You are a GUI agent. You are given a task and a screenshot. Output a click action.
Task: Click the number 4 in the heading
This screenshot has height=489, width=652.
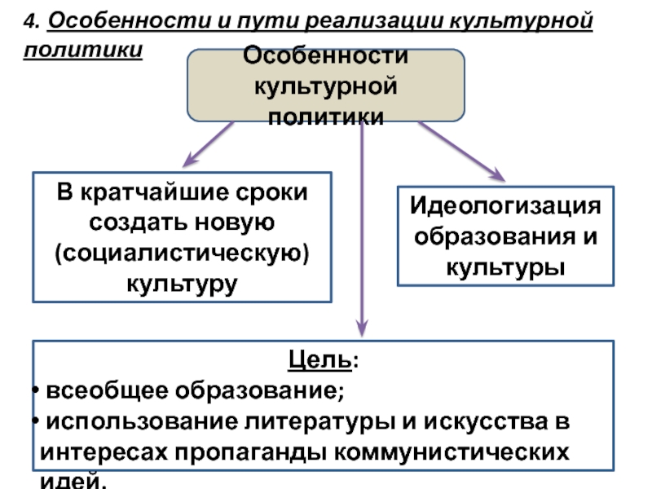tap(30, 21)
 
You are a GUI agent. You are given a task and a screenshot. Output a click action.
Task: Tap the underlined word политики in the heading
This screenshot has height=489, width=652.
tap(83, 50)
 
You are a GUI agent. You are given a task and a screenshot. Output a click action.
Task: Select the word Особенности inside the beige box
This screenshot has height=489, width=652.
tap(325, 55)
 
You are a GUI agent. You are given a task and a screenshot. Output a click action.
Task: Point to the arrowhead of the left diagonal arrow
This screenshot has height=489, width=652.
tap(190, 160)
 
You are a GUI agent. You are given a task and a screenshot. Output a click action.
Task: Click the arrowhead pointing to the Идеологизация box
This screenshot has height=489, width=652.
tap(498, 174)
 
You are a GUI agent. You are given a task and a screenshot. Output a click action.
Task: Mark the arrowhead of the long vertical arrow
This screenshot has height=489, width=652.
tap(362, 328)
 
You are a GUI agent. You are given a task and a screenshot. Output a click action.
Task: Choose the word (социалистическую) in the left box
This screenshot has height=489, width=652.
tap(182, 253)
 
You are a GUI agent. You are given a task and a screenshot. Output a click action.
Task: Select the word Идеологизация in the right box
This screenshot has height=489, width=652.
tap(505, 207)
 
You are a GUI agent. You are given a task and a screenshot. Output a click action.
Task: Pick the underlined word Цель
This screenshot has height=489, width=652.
tap(320, 359)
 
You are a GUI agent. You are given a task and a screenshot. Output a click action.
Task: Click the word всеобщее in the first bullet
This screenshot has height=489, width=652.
tap(107, 390)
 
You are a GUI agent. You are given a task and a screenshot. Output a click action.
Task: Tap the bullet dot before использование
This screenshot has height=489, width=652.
tap(36, 421)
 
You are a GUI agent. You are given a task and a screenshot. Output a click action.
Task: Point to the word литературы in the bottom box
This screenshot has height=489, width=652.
tap(319, 421)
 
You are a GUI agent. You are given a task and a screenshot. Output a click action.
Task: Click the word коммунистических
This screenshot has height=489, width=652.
tap(452, 452)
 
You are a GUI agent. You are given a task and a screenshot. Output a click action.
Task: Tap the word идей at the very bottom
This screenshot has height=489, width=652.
tap(71, 481)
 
